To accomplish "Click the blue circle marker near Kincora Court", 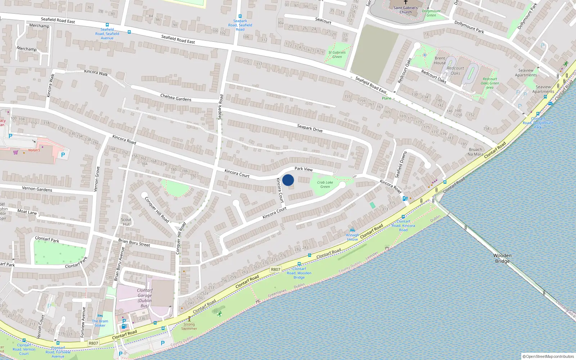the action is click(x=288, y=180).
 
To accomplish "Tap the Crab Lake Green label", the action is click(x=325, y=184).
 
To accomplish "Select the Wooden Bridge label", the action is click(x=502, y=258).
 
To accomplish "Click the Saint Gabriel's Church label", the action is click(x=405, y=10).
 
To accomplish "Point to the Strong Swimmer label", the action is click(x=189, y=326).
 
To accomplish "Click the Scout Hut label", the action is click(x=126, y=222).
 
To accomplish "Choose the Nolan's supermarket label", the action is click(x=34, y=150).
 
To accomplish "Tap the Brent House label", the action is click(x=440, y=60).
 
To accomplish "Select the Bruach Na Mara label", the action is click(x=475, y=152).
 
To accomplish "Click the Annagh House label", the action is click(x=352, y=237).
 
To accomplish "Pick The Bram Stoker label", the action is click(x=100, y=323).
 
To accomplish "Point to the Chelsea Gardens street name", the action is click(x=176, y=97).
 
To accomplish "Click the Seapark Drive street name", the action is click(x=310, y=128).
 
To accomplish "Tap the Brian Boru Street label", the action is click(x=134, y=243).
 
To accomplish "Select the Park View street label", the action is click(x=303, y=169).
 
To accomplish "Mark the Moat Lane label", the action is click(x=27, y=212).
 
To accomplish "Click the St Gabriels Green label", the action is click(x=337, y=54).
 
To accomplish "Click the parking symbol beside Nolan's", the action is click(x=63, y=155).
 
